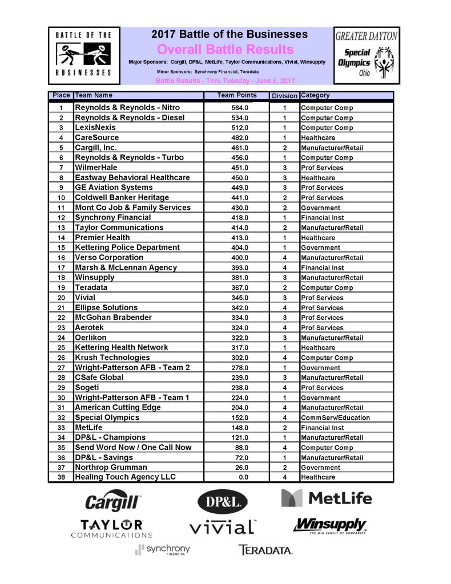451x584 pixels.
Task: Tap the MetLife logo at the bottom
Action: (327, 498)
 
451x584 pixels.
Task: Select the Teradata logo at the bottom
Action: (265, 550)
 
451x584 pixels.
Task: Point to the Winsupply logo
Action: (329, 525)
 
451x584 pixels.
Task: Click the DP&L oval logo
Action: (223, 501)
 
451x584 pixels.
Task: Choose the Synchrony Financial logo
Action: (162, 550)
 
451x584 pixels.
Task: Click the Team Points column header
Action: (237, 95)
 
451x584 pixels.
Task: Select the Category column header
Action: (315, 95)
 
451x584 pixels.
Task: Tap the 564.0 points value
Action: (238, 108)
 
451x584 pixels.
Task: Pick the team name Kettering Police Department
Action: (127, 248)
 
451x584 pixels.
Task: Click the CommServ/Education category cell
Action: (335, 417)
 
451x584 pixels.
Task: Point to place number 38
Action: (61, 477)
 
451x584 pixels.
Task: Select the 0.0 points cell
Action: (238, 477)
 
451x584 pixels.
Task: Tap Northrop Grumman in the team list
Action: (111, 467)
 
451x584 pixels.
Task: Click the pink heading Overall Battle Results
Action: (225, 49)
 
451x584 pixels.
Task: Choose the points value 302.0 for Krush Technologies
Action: (238, 358)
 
